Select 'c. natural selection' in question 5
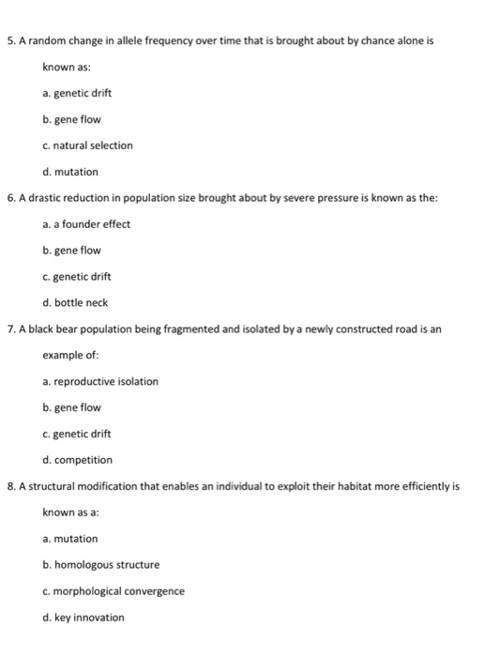point(87,145)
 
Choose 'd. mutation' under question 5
point(70,172)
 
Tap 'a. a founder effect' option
point(86,223)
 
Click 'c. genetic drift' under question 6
point(77,276)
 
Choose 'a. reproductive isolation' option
point(100,381)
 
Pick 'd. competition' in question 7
point(77,460)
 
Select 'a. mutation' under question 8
point(70,538)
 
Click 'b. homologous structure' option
point(101,564)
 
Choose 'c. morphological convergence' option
point(114,590)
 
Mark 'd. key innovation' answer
point(83,617)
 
